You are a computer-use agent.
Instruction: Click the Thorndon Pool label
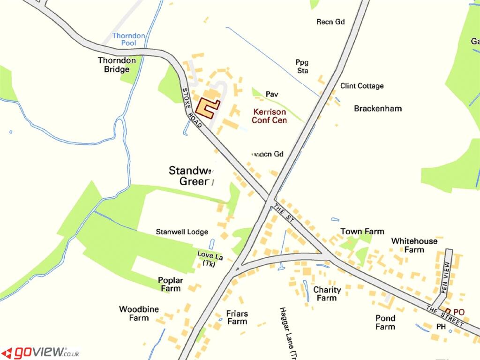coord(128,39)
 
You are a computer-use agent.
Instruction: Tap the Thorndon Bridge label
coord(117,65)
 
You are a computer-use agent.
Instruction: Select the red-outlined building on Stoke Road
coord(207,107)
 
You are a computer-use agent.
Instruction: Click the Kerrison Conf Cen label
coord(269,116)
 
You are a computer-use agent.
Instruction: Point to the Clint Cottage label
coord(361,86)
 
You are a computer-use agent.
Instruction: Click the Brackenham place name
coord(378,108)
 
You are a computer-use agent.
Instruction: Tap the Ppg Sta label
coord(302,66)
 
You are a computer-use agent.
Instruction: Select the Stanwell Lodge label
coord(181,232)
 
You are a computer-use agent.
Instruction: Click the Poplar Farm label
coord(171,284)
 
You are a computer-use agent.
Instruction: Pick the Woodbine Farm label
coord(139,313)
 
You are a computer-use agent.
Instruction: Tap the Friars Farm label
coord(237,317)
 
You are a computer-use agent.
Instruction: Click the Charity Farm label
coord(327,293)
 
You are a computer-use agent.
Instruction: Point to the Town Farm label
coord(362,231)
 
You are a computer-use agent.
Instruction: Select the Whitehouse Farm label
coord(414,245)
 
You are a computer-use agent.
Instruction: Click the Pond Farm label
coord(385,322)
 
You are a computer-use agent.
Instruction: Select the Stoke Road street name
coord(191,107)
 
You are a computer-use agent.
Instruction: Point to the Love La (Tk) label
coord(210,259)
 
